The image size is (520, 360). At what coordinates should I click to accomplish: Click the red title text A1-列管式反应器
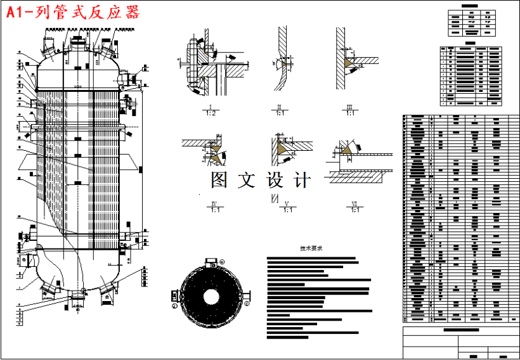point(73,13)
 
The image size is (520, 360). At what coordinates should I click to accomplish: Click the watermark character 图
point(219,180)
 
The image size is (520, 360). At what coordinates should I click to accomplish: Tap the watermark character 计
point(302,180)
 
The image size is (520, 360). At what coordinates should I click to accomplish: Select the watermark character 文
point(247,180)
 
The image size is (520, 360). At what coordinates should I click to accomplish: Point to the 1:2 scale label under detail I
point(211,113)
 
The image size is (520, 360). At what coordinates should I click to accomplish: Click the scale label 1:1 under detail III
point(349,113)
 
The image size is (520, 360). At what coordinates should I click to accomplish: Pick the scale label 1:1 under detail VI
point(354,210)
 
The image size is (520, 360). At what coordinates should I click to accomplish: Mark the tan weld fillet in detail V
point(279,146)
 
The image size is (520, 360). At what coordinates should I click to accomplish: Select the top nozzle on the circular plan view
point(209,261)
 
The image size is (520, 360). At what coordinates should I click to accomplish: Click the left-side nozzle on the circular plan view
point(175,296)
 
